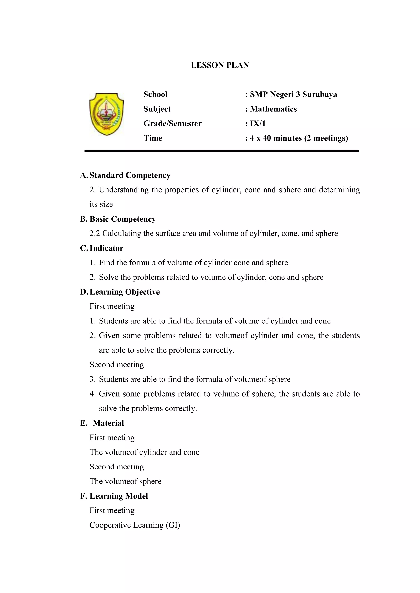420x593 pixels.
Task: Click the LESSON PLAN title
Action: click(x=220, y=65)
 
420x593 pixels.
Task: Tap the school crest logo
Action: click(x=107, y=114)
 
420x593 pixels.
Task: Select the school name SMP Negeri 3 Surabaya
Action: click(x=293, y=94)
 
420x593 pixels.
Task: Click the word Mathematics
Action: click(x=273, y=109)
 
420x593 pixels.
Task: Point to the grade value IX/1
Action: click(x=258, y=124)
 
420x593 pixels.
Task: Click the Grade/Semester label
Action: click(x=172, y=124)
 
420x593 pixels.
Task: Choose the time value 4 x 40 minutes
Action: click(x=276, y=138)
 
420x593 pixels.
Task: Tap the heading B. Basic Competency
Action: click(x=118, y=219)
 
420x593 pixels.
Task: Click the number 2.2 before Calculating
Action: click(x=95, y=234)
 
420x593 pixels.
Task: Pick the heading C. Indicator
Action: click(x=102, y=248)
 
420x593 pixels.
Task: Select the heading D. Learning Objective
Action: click(x=120, y=292)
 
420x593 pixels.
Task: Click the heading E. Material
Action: click(x=102, y=423)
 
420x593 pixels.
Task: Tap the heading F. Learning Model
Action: click(x=114, y=496)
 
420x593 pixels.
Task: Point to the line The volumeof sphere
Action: click(x=126, y=481)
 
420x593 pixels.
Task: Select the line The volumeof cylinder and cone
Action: click(x=145, y=452)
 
